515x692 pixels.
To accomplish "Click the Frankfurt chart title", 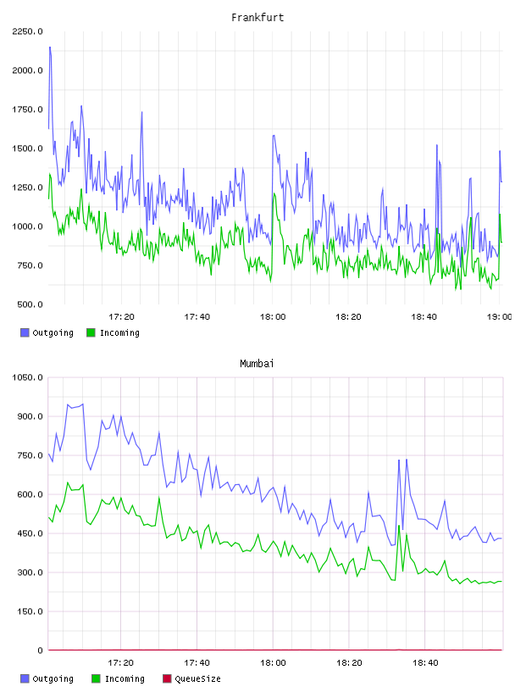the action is [x=257, y=17].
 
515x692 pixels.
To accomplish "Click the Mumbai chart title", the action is [x=257, y=363].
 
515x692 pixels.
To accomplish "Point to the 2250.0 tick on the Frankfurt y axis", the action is [x=28, y=31].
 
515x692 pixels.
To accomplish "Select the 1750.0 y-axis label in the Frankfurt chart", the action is [x=28, y=109].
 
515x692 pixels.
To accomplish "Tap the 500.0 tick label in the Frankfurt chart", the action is [x=30, y=304].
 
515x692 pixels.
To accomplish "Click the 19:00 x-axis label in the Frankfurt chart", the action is [x=499, y=316].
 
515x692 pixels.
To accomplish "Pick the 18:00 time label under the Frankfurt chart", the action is [x=273, y=316].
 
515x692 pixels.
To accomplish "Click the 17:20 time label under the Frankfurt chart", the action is [x=121, y=316].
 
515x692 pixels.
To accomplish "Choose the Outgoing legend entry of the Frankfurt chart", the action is [x=47, y=332].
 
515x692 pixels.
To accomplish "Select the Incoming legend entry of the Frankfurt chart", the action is [x=113, y=332].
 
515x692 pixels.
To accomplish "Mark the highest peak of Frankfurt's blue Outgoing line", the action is [x=50, y=47].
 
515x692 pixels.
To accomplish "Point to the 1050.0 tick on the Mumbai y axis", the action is [x=28, y=377].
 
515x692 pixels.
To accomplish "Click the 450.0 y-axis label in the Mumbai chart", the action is [x=30, y=533].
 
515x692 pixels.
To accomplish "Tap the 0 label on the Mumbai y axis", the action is [x=40, y=650].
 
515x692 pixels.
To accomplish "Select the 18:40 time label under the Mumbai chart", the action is [x=425, y=662].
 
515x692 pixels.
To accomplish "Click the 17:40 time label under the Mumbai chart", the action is [x=197, y=662].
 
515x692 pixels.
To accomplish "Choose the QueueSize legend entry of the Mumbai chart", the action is [x=191, y=678].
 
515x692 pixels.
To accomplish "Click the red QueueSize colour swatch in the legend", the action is [x=167, y=678].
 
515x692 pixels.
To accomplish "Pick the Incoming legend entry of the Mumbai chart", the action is [x=118, y=678].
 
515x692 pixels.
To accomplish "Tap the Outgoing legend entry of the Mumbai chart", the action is [x=47, y=678].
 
